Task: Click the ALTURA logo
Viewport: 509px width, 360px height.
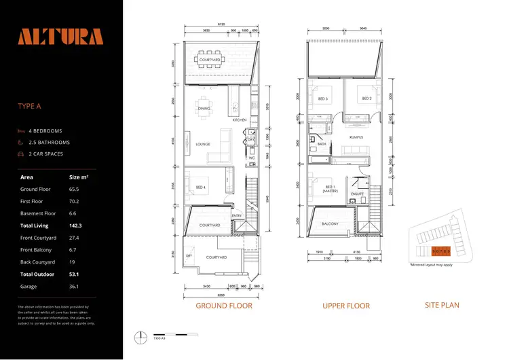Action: (60, 37)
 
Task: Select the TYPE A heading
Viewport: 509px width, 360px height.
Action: (32, 106)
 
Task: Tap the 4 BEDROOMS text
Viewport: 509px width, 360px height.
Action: (45, 130)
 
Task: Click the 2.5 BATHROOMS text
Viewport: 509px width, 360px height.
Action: (49, 143)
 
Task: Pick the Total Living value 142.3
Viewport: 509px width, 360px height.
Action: (77, 225)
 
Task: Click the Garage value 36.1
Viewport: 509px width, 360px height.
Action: (75, 287)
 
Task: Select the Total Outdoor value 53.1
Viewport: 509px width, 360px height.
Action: (75, 274)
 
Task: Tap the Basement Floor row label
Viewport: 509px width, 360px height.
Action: (39, 213)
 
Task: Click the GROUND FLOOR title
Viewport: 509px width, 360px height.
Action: (223, 306)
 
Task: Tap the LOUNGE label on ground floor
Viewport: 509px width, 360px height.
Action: (202, 144)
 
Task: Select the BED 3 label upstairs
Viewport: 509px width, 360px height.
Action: (322, 98)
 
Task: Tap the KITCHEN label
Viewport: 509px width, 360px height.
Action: (239, 120)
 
